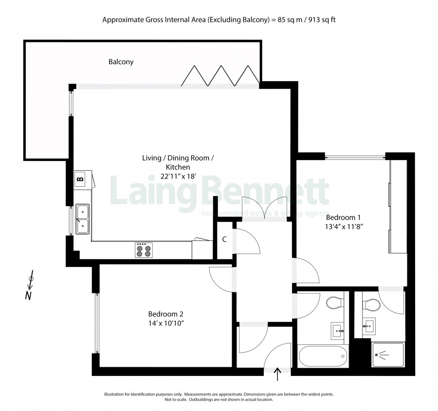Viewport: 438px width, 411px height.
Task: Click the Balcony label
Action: (x=121, y=62)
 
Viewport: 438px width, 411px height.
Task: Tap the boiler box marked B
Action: (x=80, y=179)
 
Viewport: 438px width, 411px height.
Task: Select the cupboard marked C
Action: (x=224, y=240)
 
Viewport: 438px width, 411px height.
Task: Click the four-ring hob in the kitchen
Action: (x=144, y=250)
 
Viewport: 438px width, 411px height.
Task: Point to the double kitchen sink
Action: (x=82, y=219)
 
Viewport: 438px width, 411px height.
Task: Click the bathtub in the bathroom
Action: (x=323, y=356)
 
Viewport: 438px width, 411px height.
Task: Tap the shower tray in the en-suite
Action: (x=388, y=355)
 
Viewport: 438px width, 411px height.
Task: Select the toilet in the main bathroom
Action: (x=334, y=303)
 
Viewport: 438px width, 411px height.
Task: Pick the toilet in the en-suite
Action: (x=371, y=304)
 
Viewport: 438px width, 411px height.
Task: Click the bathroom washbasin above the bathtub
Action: (x=337, y=331)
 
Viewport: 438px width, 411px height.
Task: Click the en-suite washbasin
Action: (x=369, y=326)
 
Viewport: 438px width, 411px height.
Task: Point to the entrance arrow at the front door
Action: (x=277, y=374)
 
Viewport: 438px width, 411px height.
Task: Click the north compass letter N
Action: (x=28, y=296)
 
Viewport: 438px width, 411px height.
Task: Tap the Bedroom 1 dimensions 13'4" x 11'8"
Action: (x=344, y=227)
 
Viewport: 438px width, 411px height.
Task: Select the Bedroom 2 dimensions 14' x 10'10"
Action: (x=166, y=323)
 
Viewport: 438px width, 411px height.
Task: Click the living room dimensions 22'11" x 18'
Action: (x=179, y=177)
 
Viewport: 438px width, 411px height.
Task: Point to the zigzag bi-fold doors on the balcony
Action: (x=220, y=76)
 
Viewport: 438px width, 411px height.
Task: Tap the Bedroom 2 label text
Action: (x=165, y=314)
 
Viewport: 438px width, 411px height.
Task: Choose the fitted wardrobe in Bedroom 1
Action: (x=398, y=207)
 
